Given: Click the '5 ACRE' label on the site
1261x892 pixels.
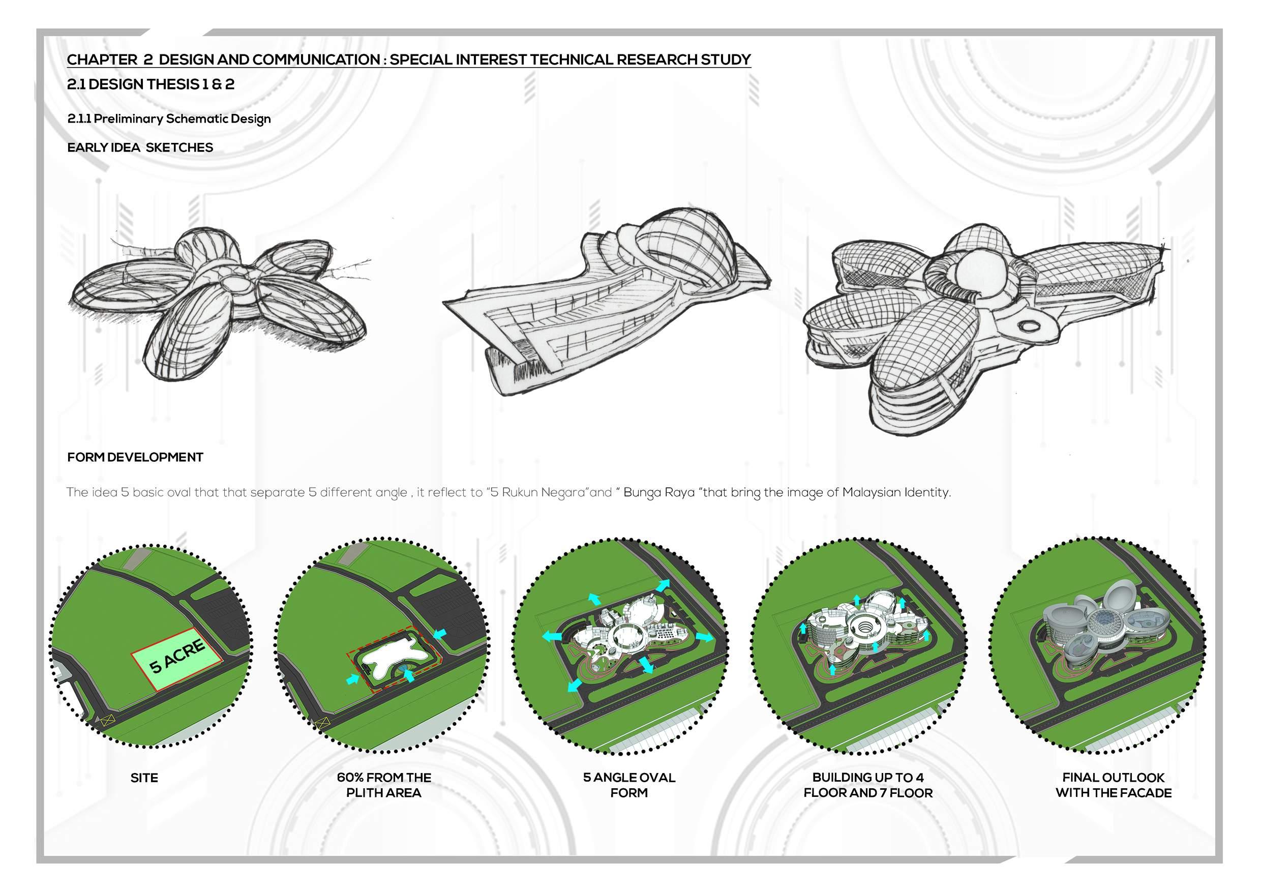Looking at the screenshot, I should point(177,656).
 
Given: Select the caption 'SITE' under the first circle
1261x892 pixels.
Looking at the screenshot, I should point(144,778).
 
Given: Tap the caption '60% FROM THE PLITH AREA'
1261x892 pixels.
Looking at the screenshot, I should point(384,785).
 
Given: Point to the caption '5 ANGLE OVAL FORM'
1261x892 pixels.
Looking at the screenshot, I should point(629,785).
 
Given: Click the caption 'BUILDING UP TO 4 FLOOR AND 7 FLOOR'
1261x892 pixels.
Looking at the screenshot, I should point(868,785).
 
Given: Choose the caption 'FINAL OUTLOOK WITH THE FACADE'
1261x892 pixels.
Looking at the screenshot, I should point(1113,785).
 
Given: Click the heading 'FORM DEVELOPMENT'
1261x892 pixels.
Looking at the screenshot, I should point(135,458).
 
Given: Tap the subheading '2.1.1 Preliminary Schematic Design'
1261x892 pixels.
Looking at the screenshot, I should point(169,119).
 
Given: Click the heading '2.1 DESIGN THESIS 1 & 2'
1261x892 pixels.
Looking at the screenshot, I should point(151,84).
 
